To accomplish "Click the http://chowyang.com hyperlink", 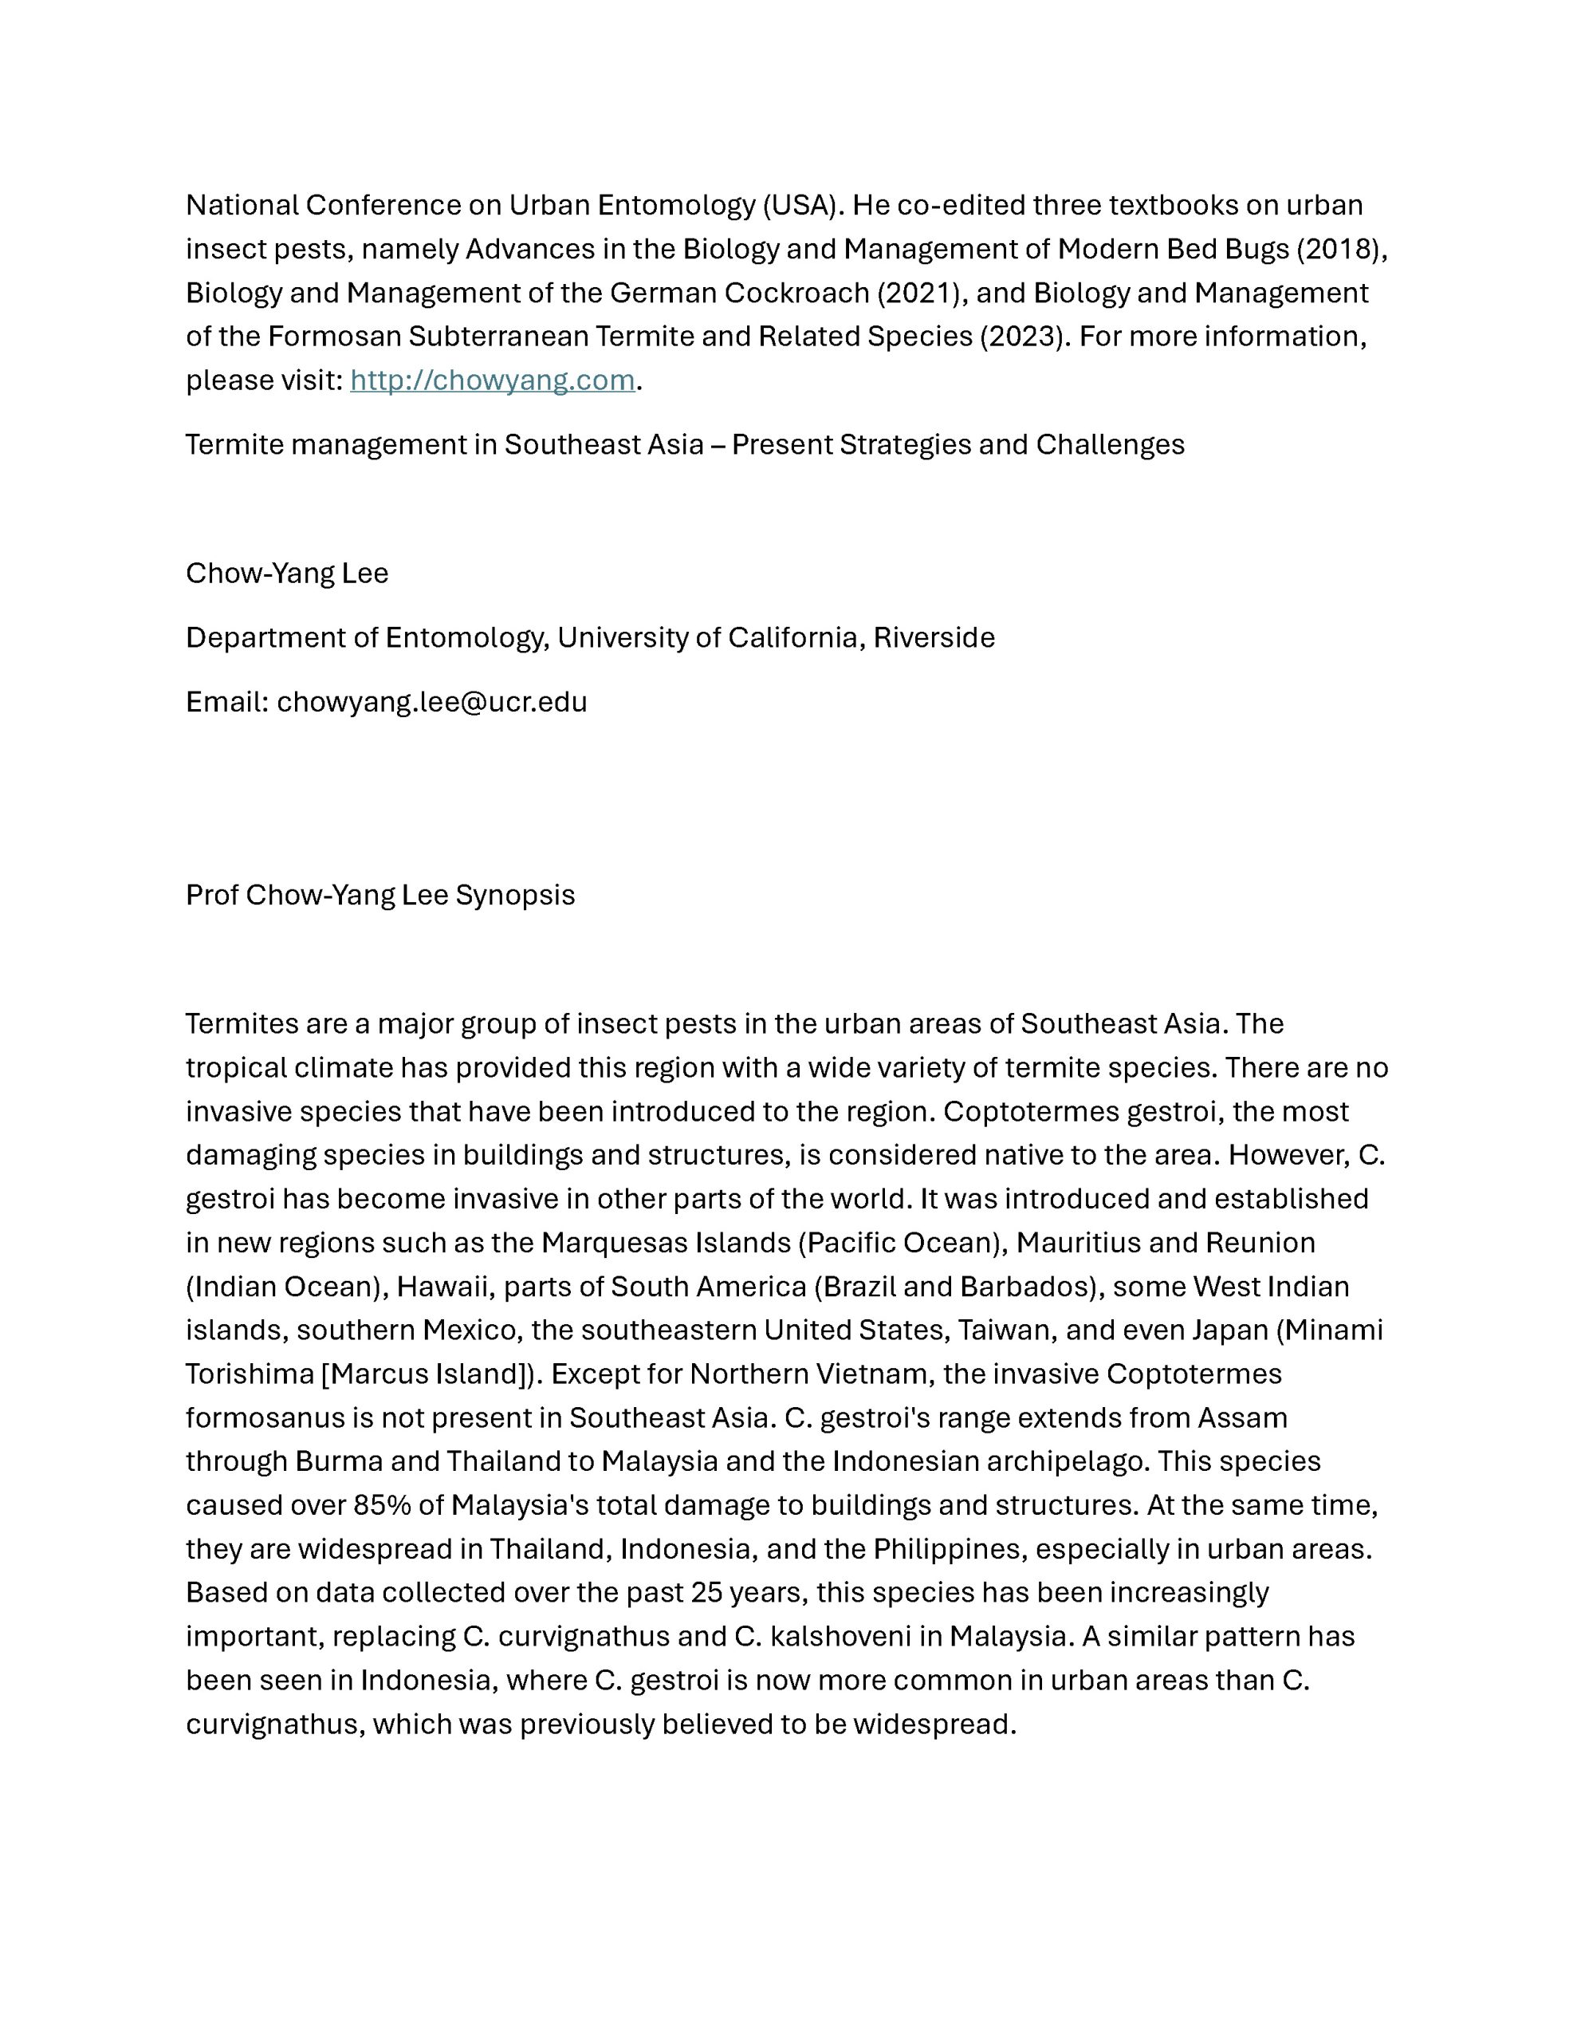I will coord(493,380).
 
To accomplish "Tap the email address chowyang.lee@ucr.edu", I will coord(432,702).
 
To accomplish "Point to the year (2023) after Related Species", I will coord(1023,337).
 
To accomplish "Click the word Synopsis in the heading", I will coord(515,896).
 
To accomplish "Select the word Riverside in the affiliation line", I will coord(934,637).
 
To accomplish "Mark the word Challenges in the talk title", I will coord(1110,444).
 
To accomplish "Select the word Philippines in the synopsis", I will coord(950,1549).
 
